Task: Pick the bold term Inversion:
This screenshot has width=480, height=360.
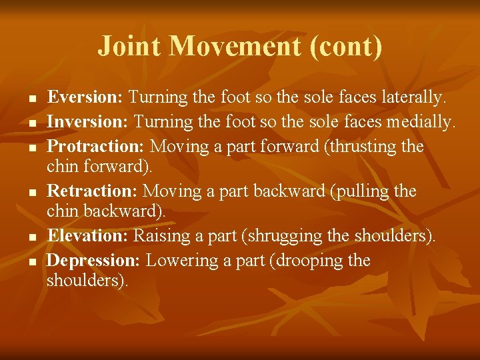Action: (87, 122)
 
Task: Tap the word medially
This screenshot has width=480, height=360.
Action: (423, 122)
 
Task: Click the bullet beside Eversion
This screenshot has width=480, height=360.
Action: (32, 99)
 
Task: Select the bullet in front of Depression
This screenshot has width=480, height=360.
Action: (32, 261)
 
